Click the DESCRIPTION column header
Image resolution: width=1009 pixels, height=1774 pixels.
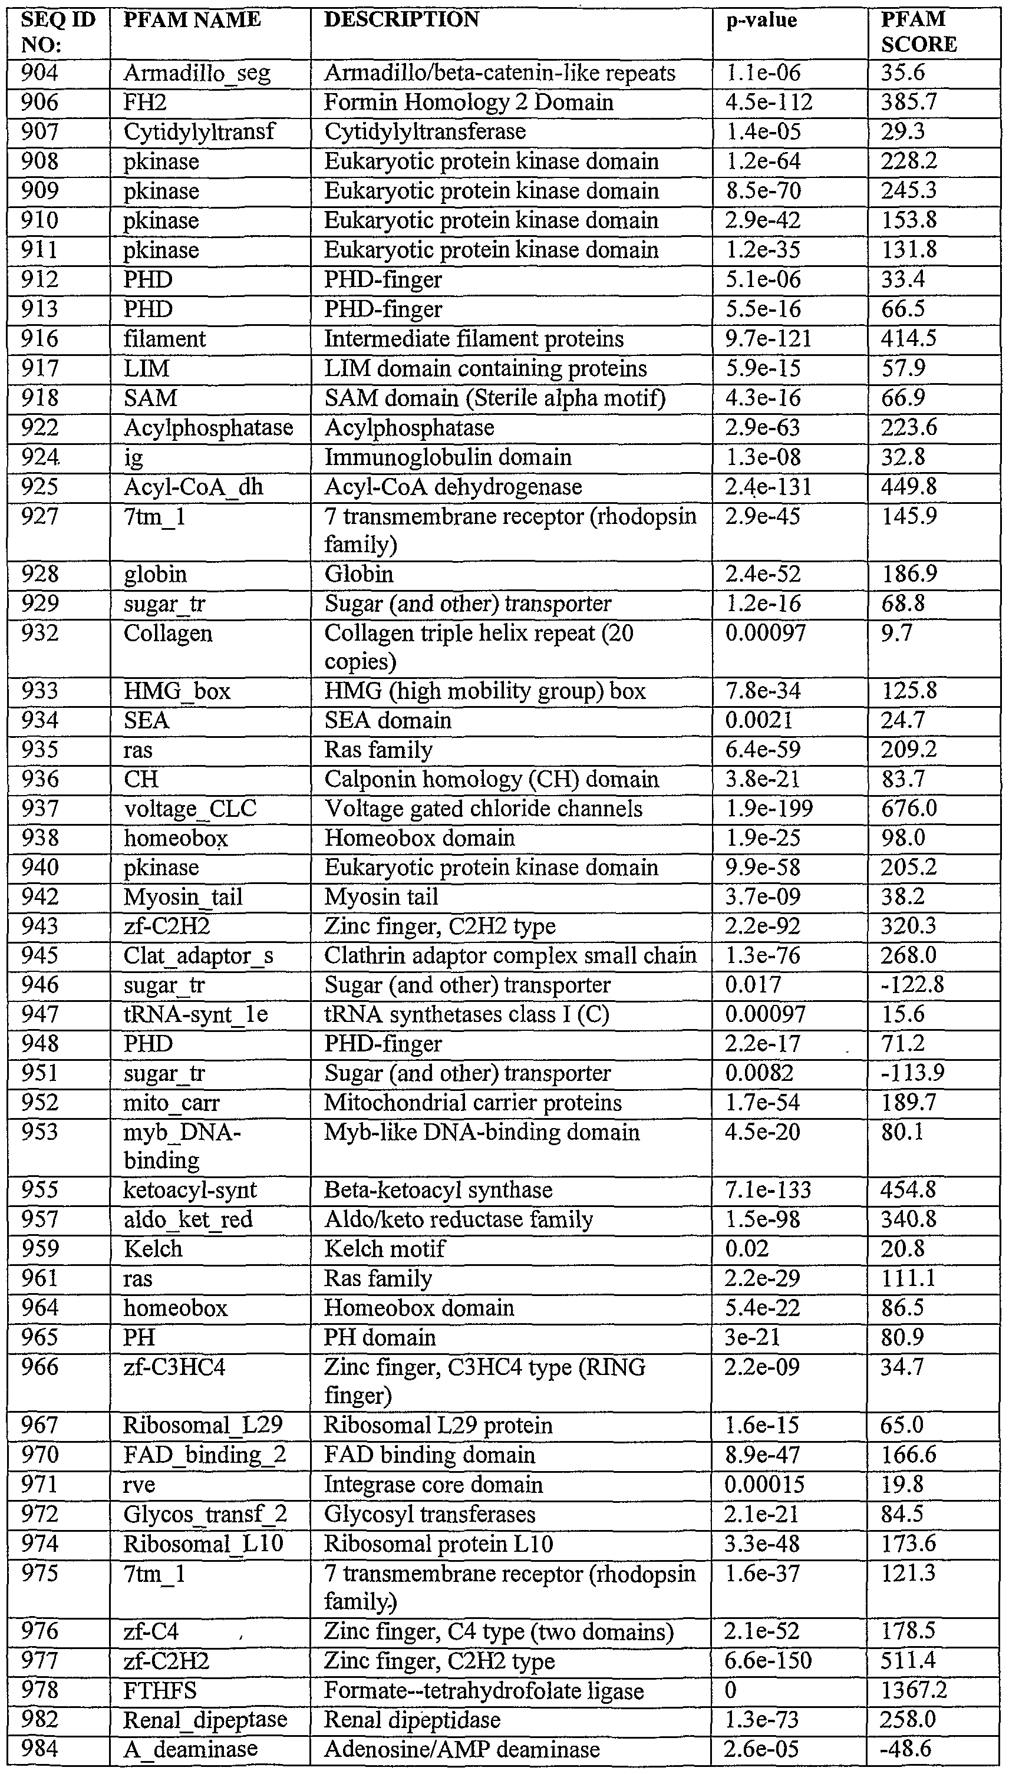[x=401, y=20]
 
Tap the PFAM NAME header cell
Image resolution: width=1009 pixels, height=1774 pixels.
[x=192, y=20]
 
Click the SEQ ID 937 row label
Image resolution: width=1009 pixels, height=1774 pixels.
[x=40, y=809]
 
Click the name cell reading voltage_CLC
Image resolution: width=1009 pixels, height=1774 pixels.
[x=190, y=809]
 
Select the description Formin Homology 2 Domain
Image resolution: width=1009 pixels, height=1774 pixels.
[x=469, y=103]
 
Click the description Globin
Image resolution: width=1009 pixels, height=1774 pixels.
[x=359, y=575]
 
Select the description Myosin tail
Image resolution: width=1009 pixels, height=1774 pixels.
[x=381, y=898]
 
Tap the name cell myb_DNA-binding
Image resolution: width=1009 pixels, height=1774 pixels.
[x=182, y=1146]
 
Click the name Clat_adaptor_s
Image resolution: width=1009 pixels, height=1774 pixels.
[x=198, y=957]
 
